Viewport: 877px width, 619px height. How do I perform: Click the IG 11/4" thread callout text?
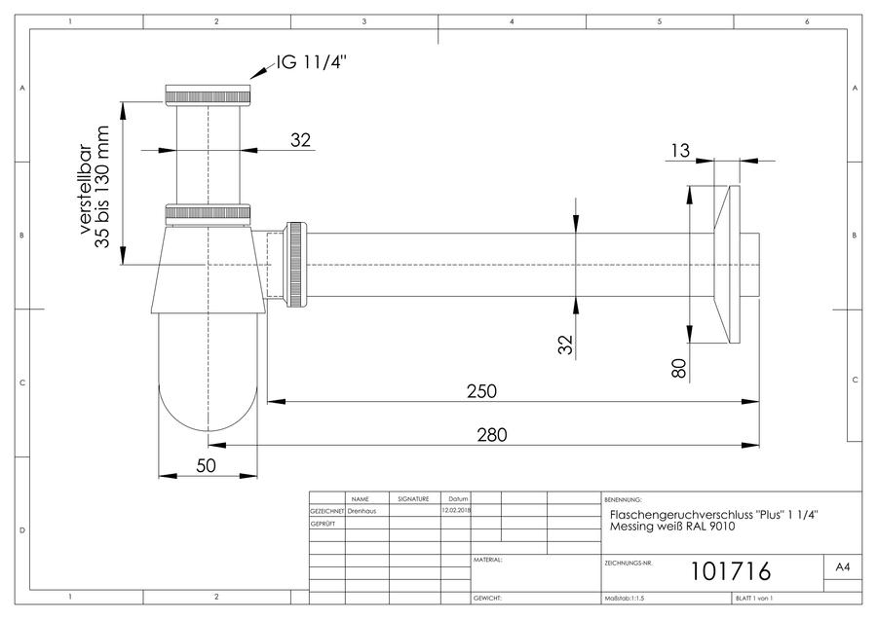coord(311,62)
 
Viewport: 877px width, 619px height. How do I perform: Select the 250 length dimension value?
coord(481,391)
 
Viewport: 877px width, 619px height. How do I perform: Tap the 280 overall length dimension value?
coord(492,435)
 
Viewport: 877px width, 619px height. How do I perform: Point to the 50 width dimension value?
coord(206,465)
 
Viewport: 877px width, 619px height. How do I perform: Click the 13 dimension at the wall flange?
coord(680,150)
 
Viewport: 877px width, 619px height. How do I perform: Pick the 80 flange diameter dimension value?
coord(678,368)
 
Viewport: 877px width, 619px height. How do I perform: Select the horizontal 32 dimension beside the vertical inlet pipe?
coord(300,140)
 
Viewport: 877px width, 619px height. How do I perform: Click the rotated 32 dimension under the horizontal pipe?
coord(565,345)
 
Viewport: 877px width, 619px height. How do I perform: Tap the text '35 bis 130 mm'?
coord(102,187)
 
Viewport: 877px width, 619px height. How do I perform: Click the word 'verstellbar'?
coord(85,189)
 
